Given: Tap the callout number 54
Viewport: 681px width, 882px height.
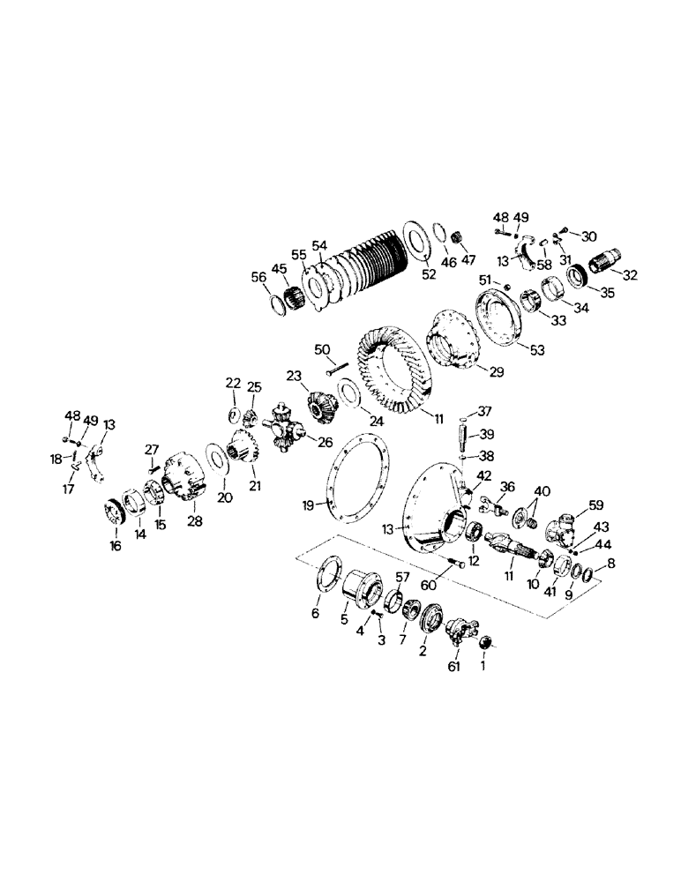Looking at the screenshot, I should pyautogui.click(x=318, y=244).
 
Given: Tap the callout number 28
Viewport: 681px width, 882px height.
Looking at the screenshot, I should pyautogui.click(x=194, y=520).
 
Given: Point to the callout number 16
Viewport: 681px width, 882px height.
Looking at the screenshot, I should pyautogui.click(x=115, y=547).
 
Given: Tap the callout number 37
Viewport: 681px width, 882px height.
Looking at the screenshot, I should pyautogui.click(x=483, y=411).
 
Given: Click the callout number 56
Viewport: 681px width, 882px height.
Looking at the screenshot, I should pyautogui.click(x=258, y=276).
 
